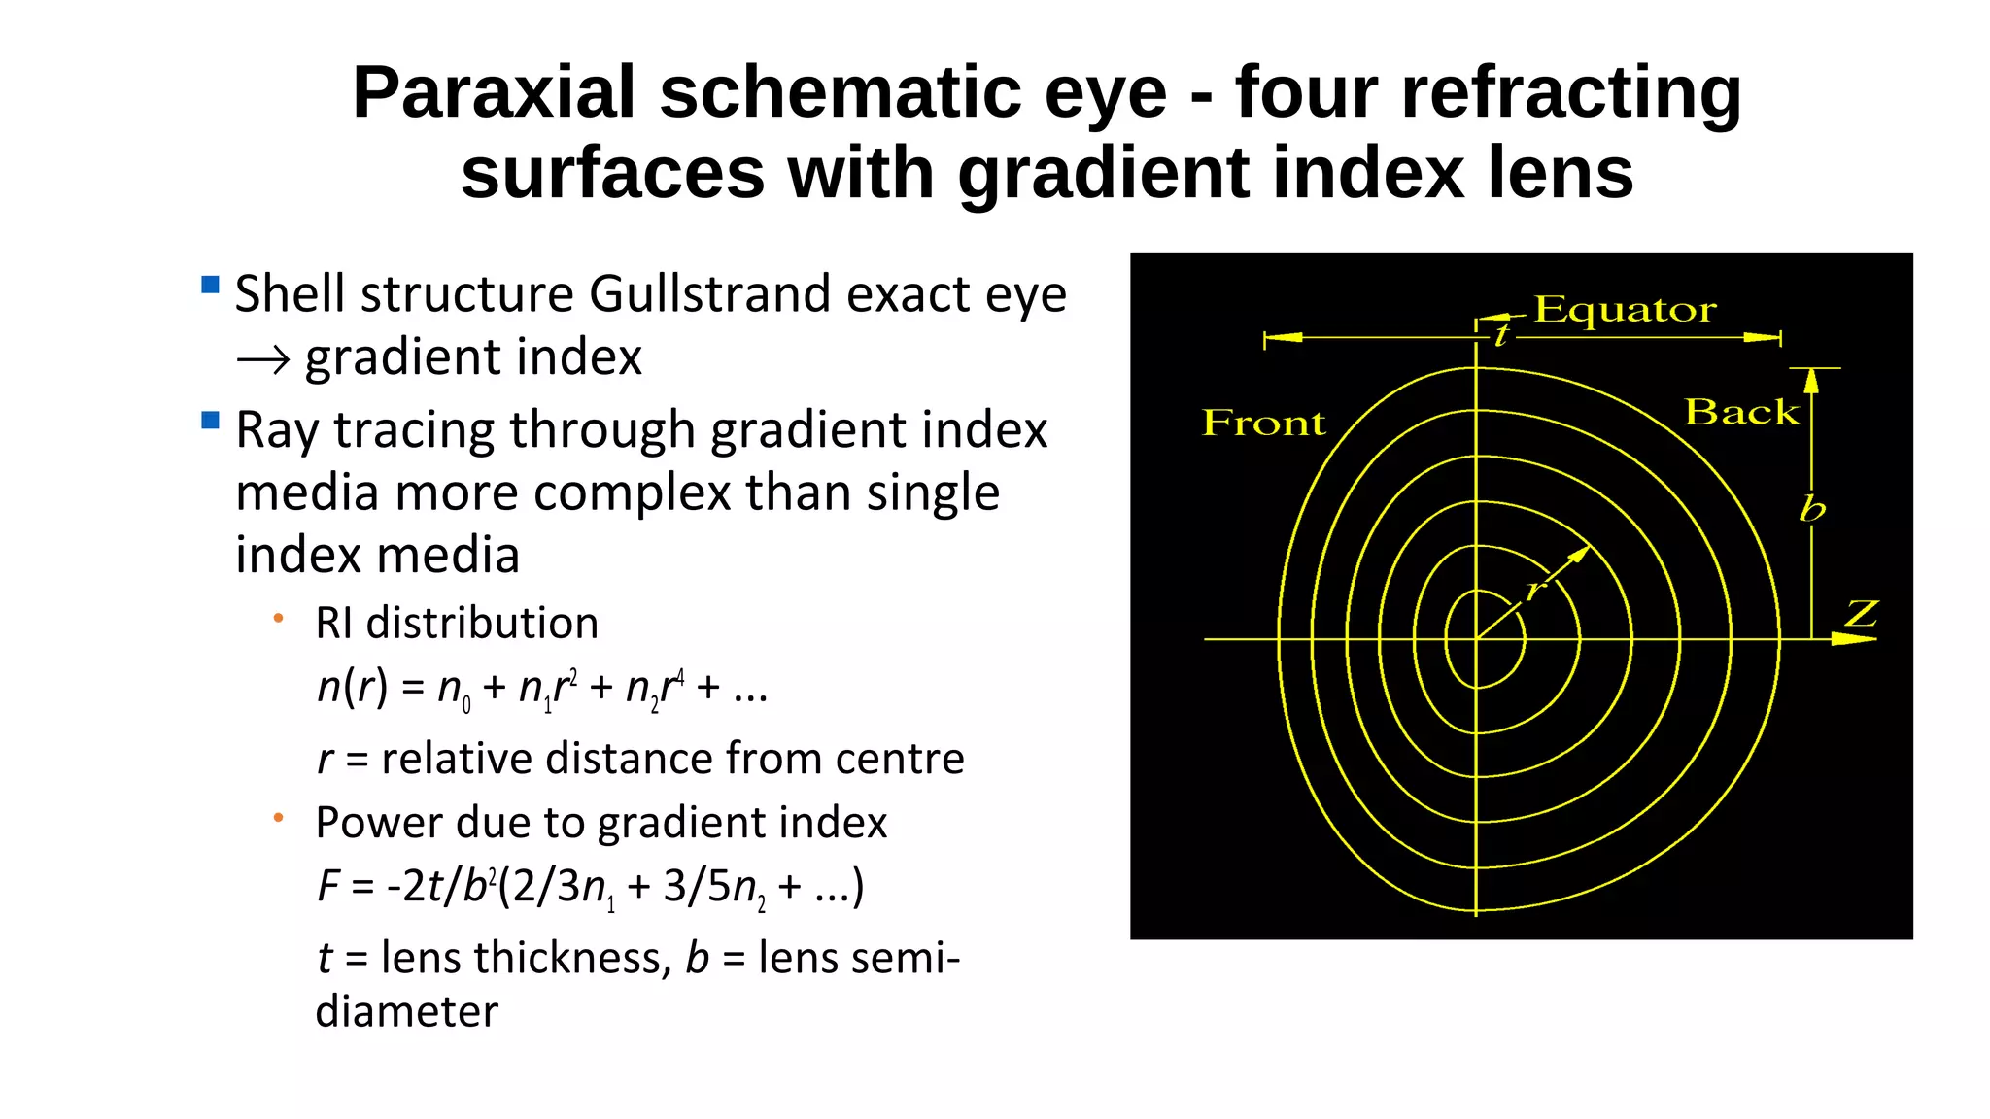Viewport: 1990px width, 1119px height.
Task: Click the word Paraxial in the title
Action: click(x=494, y=93)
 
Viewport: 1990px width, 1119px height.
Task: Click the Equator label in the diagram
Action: click(x=1625, y=310)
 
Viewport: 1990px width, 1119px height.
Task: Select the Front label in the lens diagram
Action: click(x=1263, y=423)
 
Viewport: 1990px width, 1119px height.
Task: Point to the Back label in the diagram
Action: click(x=1741, y=412)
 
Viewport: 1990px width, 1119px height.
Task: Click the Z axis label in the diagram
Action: click(x=1861, y=614)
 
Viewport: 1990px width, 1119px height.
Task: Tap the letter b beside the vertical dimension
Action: click(x=1812, y=508)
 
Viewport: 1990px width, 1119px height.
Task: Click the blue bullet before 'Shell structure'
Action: click(x=210, y=285)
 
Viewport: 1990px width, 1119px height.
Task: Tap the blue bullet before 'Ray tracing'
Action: click(x=210, y=421)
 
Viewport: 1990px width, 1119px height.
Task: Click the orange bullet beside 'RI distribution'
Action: click(x=279, y=618)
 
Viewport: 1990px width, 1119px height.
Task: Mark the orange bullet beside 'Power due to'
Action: click(x=279, y=818)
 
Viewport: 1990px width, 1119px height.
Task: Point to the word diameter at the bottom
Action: click(x=406, y=1012)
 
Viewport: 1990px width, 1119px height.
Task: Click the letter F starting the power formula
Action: click(x=328, y=886)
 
